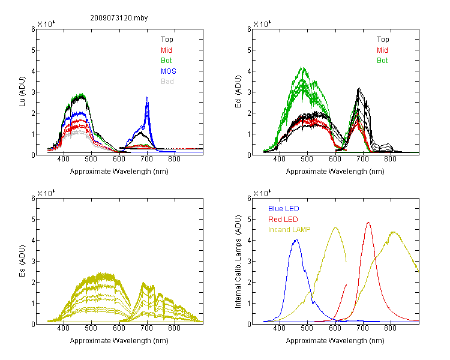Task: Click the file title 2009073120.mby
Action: [119, 18]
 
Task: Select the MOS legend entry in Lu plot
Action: [169, 71]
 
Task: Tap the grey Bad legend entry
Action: [167, 81]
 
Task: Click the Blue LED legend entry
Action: [284, 208]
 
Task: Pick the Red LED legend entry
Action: [283, 220]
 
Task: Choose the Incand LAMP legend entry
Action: [289, 230]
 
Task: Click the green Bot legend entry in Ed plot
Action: [382, 60]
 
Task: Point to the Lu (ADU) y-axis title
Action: [22, 92]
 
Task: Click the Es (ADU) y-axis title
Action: [22, 261]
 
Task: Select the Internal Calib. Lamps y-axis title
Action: [238, 262]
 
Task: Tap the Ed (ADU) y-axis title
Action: [238, 92]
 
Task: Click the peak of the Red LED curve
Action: [368, 223]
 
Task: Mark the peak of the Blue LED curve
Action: [296, 239]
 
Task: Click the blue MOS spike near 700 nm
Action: [147, 98]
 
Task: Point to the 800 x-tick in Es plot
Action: [174, 328]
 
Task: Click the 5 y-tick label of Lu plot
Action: [33, 50]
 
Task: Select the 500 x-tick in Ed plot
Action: [307, 159]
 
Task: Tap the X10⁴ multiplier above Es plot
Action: [46, 193]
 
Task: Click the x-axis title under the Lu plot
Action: [119, 172]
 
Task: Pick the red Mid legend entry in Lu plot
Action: [166, 50]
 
